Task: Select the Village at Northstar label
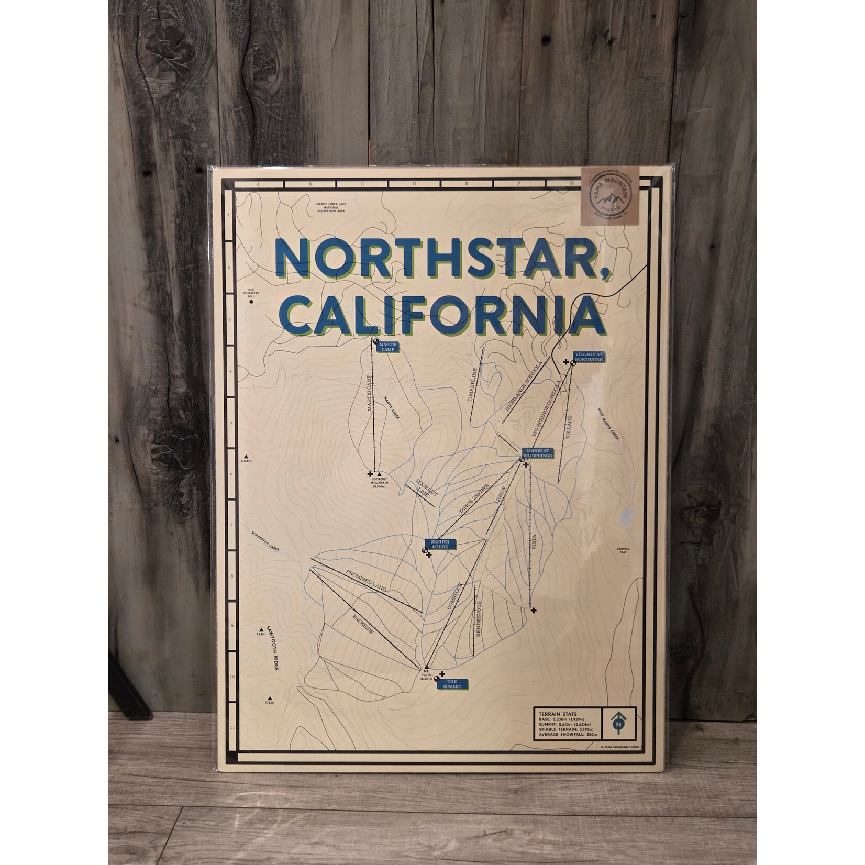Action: click(x=589, y=357)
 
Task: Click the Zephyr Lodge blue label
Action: click(x=440, y=544)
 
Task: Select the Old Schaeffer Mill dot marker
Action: click(x=251, y=302)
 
